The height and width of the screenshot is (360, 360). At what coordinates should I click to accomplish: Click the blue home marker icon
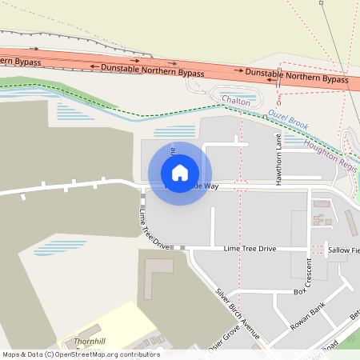point(180,173)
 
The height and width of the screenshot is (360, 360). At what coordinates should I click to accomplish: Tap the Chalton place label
point(236,102)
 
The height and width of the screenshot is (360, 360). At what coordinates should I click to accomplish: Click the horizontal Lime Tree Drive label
point(250,249)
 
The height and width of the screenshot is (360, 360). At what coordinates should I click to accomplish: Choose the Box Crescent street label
point(308,277)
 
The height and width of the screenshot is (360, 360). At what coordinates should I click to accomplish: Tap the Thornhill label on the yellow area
point(89,341)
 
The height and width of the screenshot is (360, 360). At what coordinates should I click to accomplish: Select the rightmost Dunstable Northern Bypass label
point(297,77)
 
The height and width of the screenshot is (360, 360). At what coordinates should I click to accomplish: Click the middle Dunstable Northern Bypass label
point(152,70)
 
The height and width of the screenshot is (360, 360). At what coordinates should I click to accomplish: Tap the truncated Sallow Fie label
point(344,250)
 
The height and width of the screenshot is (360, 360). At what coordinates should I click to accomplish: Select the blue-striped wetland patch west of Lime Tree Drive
point(59,246)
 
